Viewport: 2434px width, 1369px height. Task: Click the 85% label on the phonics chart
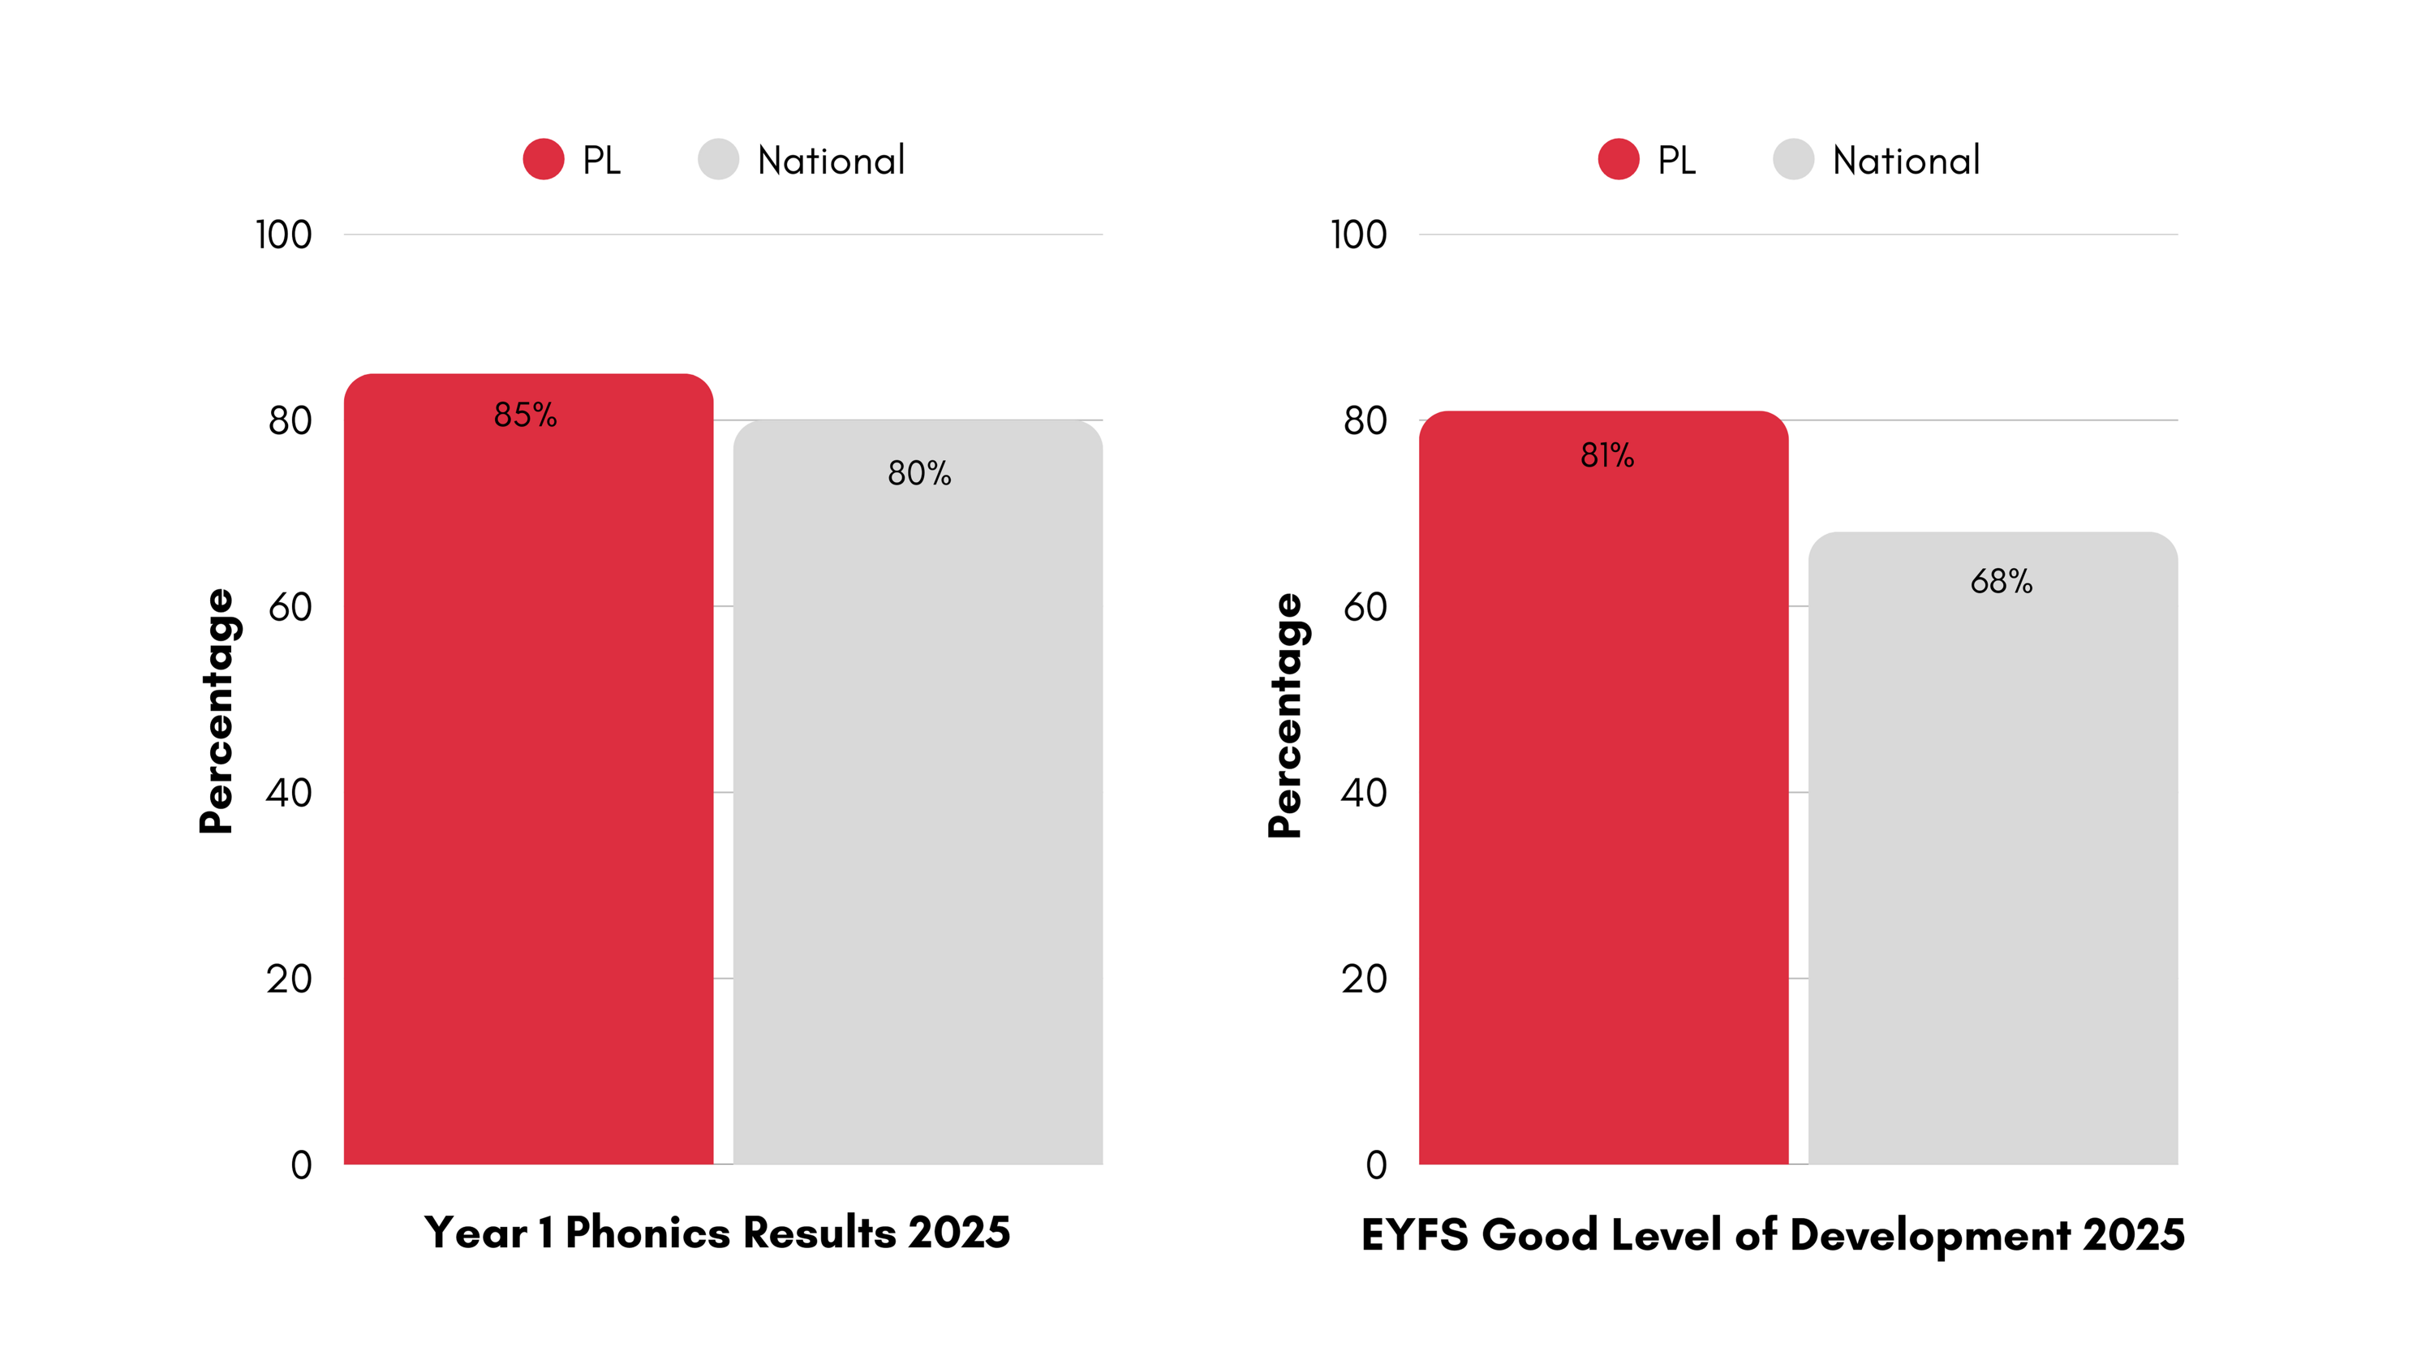point(526,415)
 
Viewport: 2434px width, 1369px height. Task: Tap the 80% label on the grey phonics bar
point(918,473)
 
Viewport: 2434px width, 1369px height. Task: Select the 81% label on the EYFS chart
point(1606,455)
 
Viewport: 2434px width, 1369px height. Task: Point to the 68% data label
point(2000,581)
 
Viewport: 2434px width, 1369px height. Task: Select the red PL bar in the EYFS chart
point(1602,803)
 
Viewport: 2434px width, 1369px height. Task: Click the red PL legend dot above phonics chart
point(544,159)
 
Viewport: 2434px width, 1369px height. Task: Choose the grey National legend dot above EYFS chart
point(1792,159)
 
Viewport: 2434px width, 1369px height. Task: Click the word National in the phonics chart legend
point(831,161)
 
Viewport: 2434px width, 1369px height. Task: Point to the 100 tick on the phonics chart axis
point(283,235)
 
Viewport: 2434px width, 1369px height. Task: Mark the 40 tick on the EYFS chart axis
point(1364,793)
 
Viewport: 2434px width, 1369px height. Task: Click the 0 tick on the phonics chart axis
point(300,1165)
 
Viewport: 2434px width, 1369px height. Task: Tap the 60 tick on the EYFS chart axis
point(1365,606)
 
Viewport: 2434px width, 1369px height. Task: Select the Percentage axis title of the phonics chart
point(217,711)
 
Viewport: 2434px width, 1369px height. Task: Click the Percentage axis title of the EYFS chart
point(1285,715)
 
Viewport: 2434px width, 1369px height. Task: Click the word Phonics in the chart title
point(647,1233)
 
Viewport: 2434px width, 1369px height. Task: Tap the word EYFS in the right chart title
point(1414,1235)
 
